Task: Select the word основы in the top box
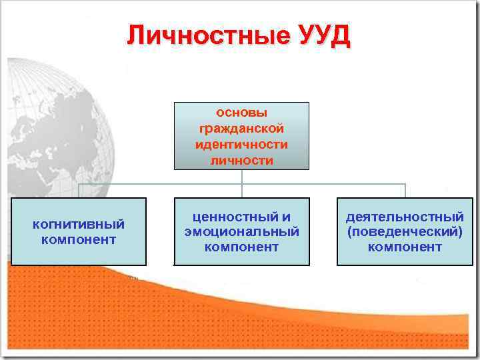[x=241, y=112]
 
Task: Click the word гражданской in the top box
[x=241, y=128]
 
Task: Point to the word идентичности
[x=241, y=144]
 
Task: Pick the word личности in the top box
[x=241, y=160]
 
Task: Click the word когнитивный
[x=79, y=224]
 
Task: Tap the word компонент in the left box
[x=79, y=239]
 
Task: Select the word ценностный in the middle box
[x=231, y=217]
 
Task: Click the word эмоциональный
[x=241, y=231]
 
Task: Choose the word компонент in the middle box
[x=241, y=247]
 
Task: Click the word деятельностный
[x=405, y=217]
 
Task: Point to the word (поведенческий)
[x=405, y=231]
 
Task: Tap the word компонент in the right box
[x=405, y=247]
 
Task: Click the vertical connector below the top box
[x=242, y=176]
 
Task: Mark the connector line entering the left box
[x=79, y=191]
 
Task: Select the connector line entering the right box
[x=405, y=191]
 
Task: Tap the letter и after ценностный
[x=286, y=217]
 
